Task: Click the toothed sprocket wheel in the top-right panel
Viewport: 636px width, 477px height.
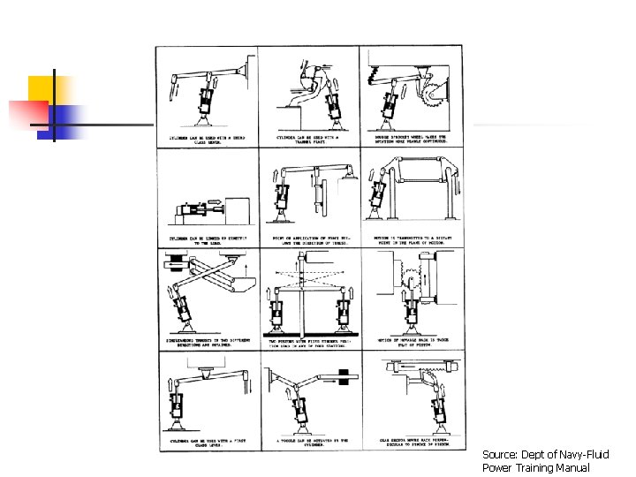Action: pyautogui.click(x=435, y=95)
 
